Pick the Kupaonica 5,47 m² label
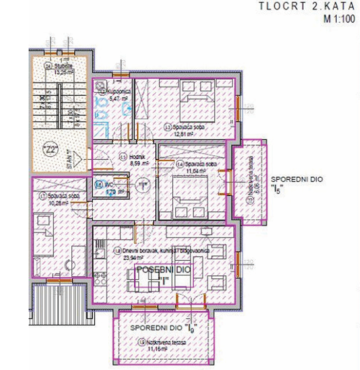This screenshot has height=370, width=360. coord(115,93)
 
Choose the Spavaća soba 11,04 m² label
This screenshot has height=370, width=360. coord(194,167)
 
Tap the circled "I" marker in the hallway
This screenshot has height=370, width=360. coord(142,185)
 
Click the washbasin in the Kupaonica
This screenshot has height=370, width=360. coord(127,108)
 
